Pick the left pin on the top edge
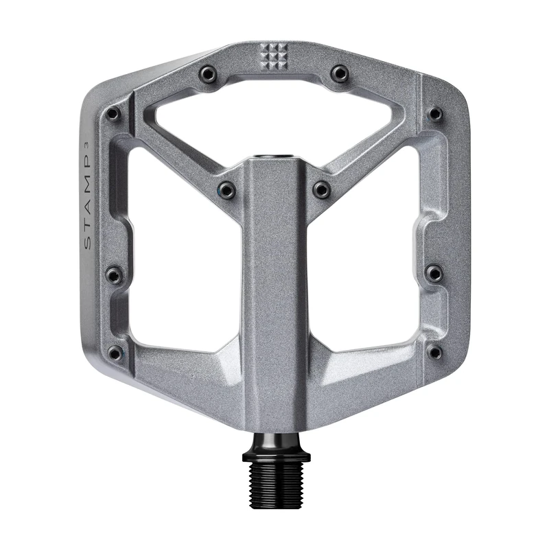[x=207, y=73]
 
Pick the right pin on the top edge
[x=340, y=73]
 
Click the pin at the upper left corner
[x=113, y=113]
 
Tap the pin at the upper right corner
[x=434, y=113]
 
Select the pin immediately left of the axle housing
[x=226, y=189]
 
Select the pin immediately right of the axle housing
[x=321, y=189]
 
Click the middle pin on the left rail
[x=113, y=275]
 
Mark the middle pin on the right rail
[x=434, y=274]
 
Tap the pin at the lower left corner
[x=115, y=353]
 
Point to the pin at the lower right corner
[x=434, y=352]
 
